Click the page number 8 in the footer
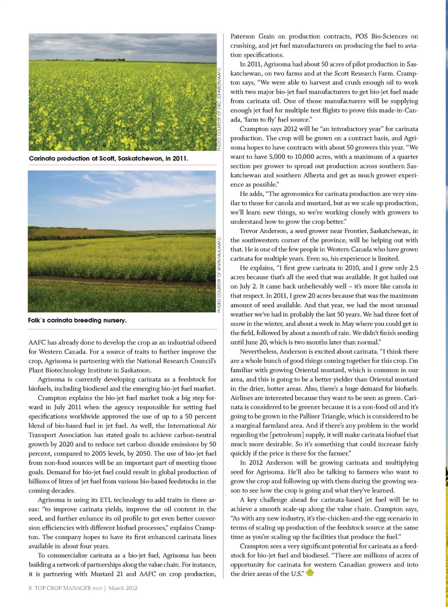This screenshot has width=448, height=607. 30,588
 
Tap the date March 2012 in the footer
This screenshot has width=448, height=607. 123,588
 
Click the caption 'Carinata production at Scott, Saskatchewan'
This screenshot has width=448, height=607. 108,158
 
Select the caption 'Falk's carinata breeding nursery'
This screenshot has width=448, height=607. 77,320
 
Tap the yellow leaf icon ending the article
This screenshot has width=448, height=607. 309,572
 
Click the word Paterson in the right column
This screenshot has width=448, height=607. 243,36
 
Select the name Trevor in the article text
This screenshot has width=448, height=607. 250,231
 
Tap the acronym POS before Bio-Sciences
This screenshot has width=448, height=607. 361,36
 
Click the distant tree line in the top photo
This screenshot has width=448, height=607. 110,59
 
